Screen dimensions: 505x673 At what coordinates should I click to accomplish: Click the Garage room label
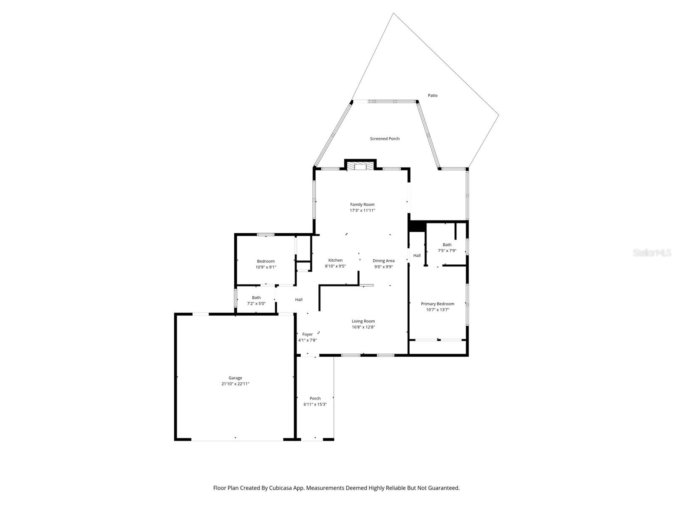click(235, 378)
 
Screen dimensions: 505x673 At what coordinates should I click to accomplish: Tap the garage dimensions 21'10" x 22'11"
click(235, 384)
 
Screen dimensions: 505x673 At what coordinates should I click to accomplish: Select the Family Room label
click(362, 205)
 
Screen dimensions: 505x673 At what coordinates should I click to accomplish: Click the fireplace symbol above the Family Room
click(360, 167)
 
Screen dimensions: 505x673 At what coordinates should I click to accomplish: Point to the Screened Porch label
click(384, 138)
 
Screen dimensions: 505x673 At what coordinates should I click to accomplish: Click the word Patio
click(432, 96)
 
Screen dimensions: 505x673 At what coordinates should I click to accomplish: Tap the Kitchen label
click(335, 260)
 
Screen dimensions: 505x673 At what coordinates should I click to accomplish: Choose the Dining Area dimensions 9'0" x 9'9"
click(383, 266)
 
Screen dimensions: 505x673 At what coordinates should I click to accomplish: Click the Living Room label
click(363, 321)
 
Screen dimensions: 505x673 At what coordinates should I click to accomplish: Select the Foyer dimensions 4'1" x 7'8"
click(307, 340)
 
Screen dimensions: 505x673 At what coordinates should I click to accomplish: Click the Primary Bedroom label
click(437, 304)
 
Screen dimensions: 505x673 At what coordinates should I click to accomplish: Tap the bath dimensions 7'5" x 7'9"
click(447, 250)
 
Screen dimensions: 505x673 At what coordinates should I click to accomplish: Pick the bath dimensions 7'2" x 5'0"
click(256, 303)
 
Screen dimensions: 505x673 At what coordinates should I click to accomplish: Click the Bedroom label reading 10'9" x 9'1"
click(266, 261)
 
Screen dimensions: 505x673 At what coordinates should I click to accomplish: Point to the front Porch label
click(315, 398)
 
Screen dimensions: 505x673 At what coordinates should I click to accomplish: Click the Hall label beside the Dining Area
click(417, 255)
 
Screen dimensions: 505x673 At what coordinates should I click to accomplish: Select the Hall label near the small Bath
click(299, 300)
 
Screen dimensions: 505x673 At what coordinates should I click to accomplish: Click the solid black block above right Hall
click(417, 226)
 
